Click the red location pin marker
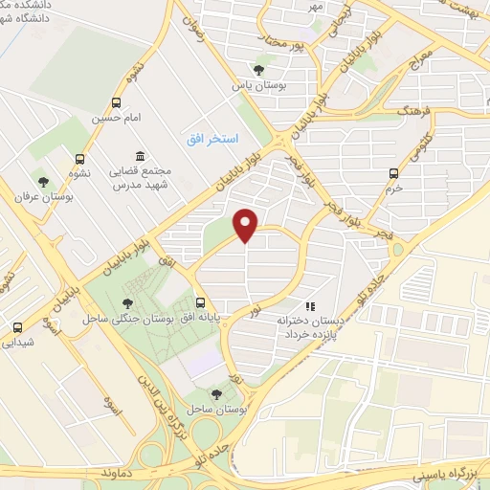[x=247, y=225]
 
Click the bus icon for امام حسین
[x=116, y=102]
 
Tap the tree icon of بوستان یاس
[x=257, y=68]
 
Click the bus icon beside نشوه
[x=79, y=159]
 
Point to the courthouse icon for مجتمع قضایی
[x=141, y=156]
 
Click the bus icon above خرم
[x=393, y=173]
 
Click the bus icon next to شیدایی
[x=16, y=326]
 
